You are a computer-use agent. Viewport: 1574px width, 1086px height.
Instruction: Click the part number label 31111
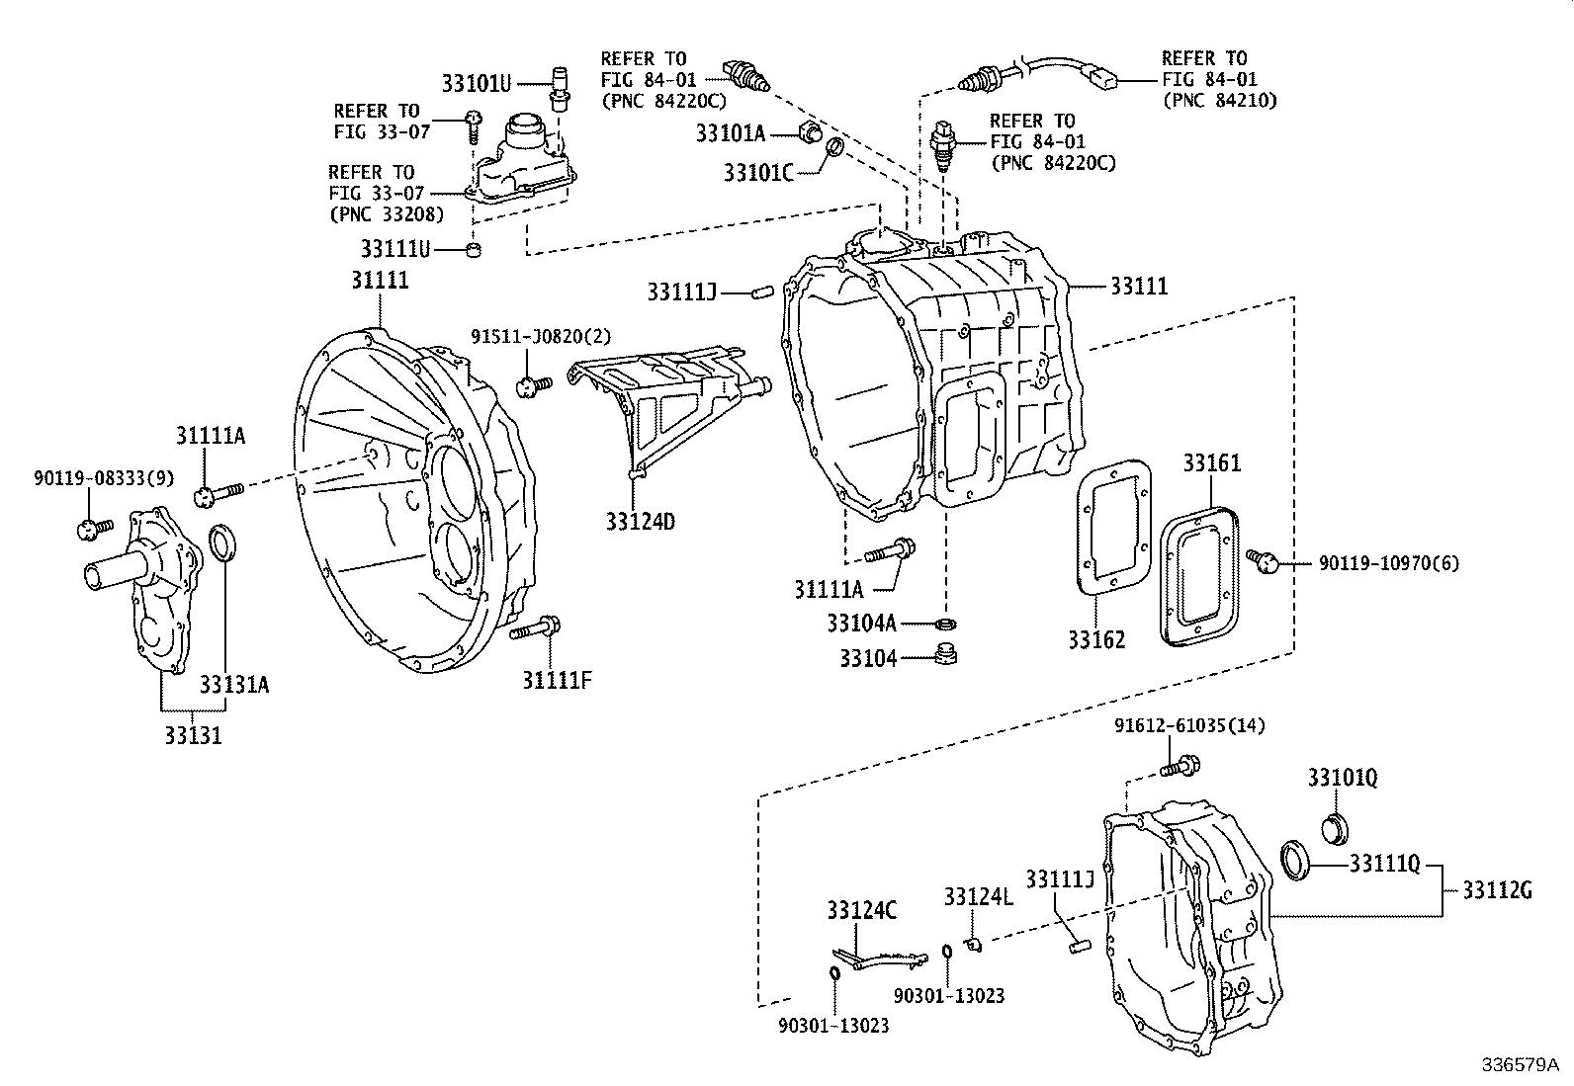pyautogui.click(x=380, y=281)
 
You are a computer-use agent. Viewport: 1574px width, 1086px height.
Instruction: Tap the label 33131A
pyautogui.click(x=234, y=685)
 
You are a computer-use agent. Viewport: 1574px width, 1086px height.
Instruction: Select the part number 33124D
pyautogui.click(x=640, y=521)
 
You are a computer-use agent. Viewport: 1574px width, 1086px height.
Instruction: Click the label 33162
pyautogui.click(x=1095, y=639)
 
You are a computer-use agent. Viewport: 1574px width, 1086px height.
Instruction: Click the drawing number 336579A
pyautogui.click(x=1519, y=1065)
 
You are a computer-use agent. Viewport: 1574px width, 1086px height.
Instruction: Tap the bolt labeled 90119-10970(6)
pyautogui.click(x=1263, y=561)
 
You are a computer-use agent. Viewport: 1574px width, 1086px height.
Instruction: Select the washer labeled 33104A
pyautogui.click(x=946, y=624)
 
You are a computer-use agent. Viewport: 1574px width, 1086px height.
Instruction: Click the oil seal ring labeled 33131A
pyautogui.click(x=224, y=543)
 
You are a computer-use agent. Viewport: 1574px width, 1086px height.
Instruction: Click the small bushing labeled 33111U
pyautogui.click(x=475, y=249)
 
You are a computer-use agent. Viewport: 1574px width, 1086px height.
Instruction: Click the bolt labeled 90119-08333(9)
pyautogui.click(x=88, y=529)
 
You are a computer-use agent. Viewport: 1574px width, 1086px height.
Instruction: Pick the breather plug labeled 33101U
pyautogui.click(x=560, y=86)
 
